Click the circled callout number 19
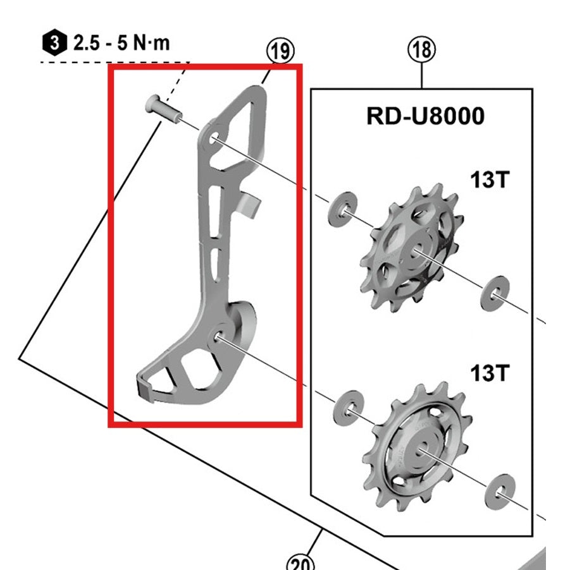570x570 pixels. tap(281, 51)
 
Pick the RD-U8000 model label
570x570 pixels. tap(426, 116)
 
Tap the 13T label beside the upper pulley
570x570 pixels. tap(489, 181)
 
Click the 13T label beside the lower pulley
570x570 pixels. tap(489, 373)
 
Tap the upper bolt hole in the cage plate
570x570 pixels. tap(213, 139)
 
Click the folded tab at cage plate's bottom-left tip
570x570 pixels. tap(145, 385)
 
